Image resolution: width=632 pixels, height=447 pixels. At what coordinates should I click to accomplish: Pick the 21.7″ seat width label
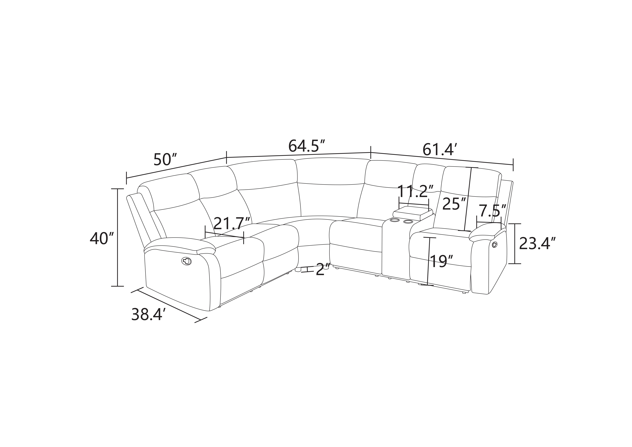(232, 223)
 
